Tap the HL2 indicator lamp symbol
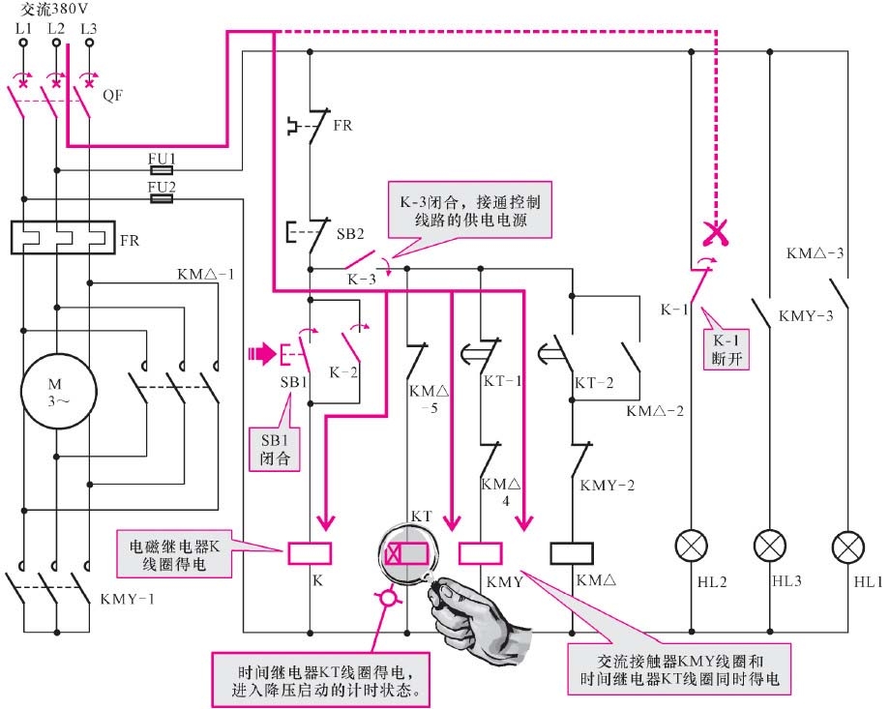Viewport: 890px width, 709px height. tap(691, 547)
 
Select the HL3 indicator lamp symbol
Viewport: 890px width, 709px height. tap(769, 547)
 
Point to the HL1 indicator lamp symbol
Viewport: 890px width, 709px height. tap(848, 547)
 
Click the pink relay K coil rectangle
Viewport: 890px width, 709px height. tap(310, 553)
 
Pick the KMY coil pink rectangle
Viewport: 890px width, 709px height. tap(480, 553)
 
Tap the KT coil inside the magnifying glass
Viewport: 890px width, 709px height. tap(405, 554)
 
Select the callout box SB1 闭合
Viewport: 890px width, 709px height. tap(275, 447)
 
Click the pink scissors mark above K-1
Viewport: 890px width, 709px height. tap(715, 232)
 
